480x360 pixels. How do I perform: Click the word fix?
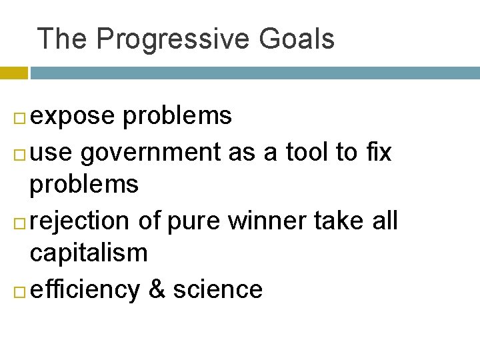tap(377, 153)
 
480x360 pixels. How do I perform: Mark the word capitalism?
tap(89, 253)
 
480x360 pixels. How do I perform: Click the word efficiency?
tap(85, 290)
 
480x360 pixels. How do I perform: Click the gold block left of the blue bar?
tap(13, 73)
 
